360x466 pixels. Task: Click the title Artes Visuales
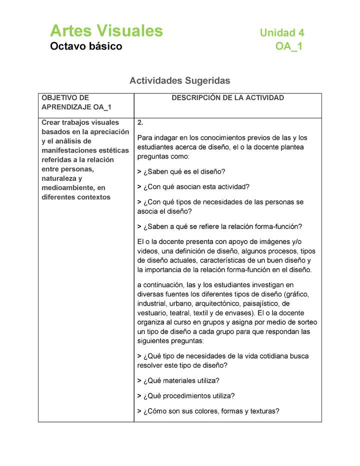(106, 31)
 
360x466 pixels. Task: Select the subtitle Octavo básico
(85, 47)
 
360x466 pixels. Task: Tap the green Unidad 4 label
(281, 33)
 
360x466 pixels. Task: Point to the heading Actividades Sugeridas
(179, 80)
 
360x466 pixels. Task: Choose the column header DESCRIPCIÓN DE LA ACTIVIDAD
(227, 98)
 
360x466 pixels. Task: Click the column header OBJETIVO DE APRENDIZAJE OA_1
(76, 102)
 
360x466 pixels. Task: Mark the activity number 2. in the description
(140, 122)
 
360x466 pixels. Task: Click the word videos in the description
(148, 251)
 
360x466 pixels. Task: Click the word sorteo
(305, 322)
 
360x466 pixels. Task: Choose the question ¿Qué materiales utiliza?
(180, 380)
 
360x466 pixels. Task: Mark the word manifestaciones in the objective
(77, 150)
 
